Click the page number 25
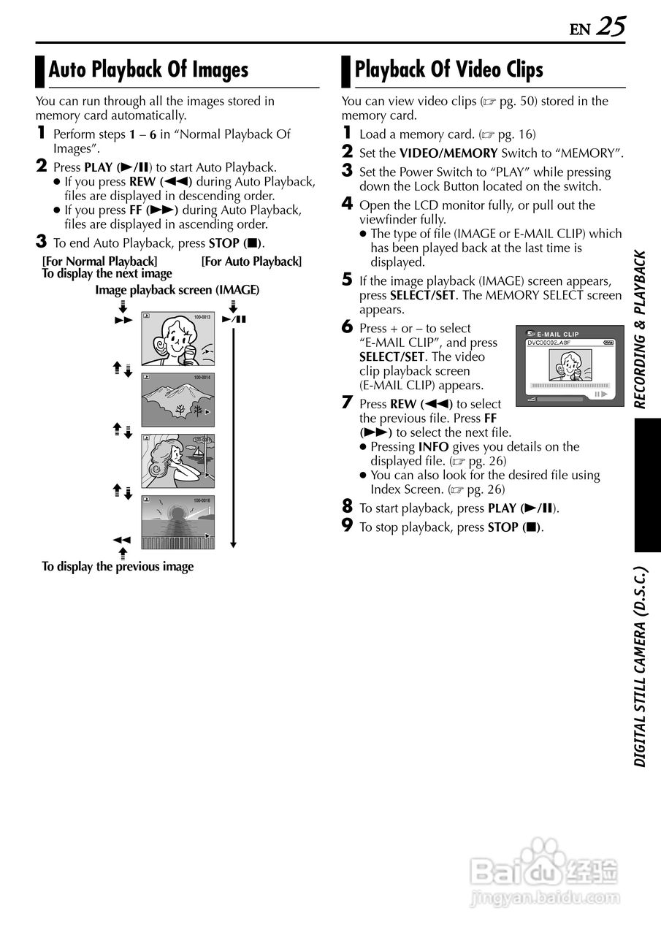(x=611, y=26)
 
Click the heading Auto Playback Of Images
(x=148, y=70)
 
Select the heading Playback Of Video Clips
(x=448, y=70)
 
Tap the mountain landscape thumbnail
(x=177, y=399)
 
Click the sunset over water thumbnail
(x=177, y=522)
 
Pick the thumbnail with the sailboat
(x=177, y=461)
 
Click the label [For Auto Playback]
(x=251, y=262)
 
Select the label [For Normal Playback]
(x=99, y=262)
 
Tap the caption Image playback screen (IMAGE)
(x=177, y=290)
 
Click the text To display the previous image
(x=118, y=566)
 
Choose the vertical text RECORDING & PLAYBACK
(x=641, y=329)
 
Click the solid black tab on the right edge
(x=647, y=485)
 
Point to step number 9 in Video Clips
(x=348, y=526)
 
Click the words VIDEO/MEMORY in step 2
(x=449, y=153)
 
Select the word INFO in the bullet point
(x=433, y=447)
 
